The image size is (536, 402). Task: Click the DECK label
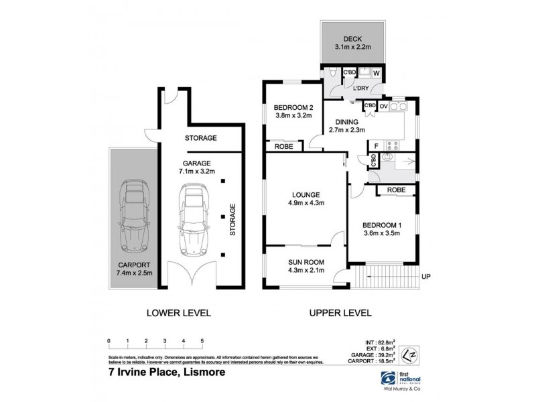[x=354, y=39]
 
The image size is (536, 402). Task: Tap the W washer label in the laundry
[x=376, y=73]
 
